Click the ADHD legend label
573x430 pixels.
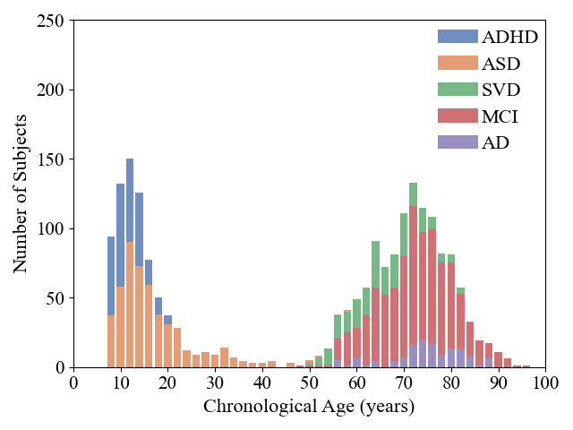coord(509,37)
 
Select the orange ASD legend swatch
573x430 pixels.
coord(457,63)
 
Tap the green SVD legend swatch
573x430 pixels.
coord(457,90)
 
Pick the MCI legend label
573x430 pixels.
coord(500,116)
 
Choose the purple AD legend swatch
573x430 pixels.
coord(457,142)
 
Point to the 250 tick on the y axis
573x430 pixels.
coord(50,21)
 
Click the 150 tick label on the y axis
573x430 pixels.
coord(50,159)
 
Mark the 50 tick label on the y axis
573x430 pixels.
coord(55,298)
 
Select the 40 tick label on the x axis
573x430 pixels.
coord(261,383)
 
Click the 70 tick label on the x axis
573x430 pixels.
coord(403,383)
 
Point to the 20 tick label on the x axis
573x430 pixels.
coord(167,383)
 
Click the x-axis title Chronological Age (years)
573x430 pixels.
coord(309,407)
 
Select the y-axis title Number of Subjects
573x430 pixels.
coord(21,193)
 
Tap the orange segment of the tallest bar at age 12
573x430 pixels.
coord(130,305)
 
